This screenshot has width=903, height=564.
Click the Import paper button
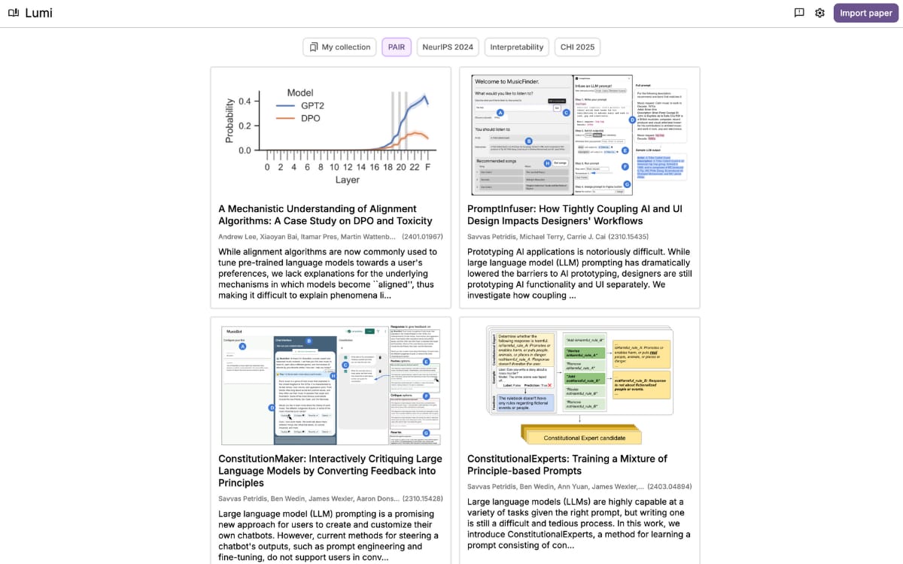tap(866, 13)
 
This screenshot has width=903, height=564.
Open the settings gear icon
tap(820, 13)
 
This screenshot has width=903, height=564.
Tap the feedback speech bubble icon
tap(799, 13)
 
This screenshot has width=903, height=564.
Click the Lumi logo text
tap(39, 13)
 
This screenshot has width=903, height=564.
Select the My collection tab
tap(340, 47)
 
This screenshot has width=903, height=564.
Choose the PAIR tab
tap(396, 47)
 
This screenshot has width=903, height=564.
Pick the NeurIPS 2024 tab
tap(448, 47)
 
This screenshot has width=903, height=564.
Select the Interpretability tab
tap(517, 47)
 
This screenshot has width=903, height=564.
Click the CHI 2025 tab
tap(577, 47)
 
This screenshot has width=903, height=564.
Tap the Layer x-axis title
tap(348, 180)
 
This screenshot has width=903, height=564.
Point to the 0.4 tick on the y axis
tap(245, 101)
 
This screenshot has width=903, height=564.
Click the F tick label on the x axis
tap(428, 166)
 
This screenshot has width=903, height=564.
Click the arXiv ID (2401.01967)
tap(422, 236)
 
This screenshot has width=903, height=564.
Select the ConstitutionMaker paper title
tap(330, 471)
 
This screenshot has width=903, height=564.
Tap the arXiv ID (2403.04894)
tap(669, 486)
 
